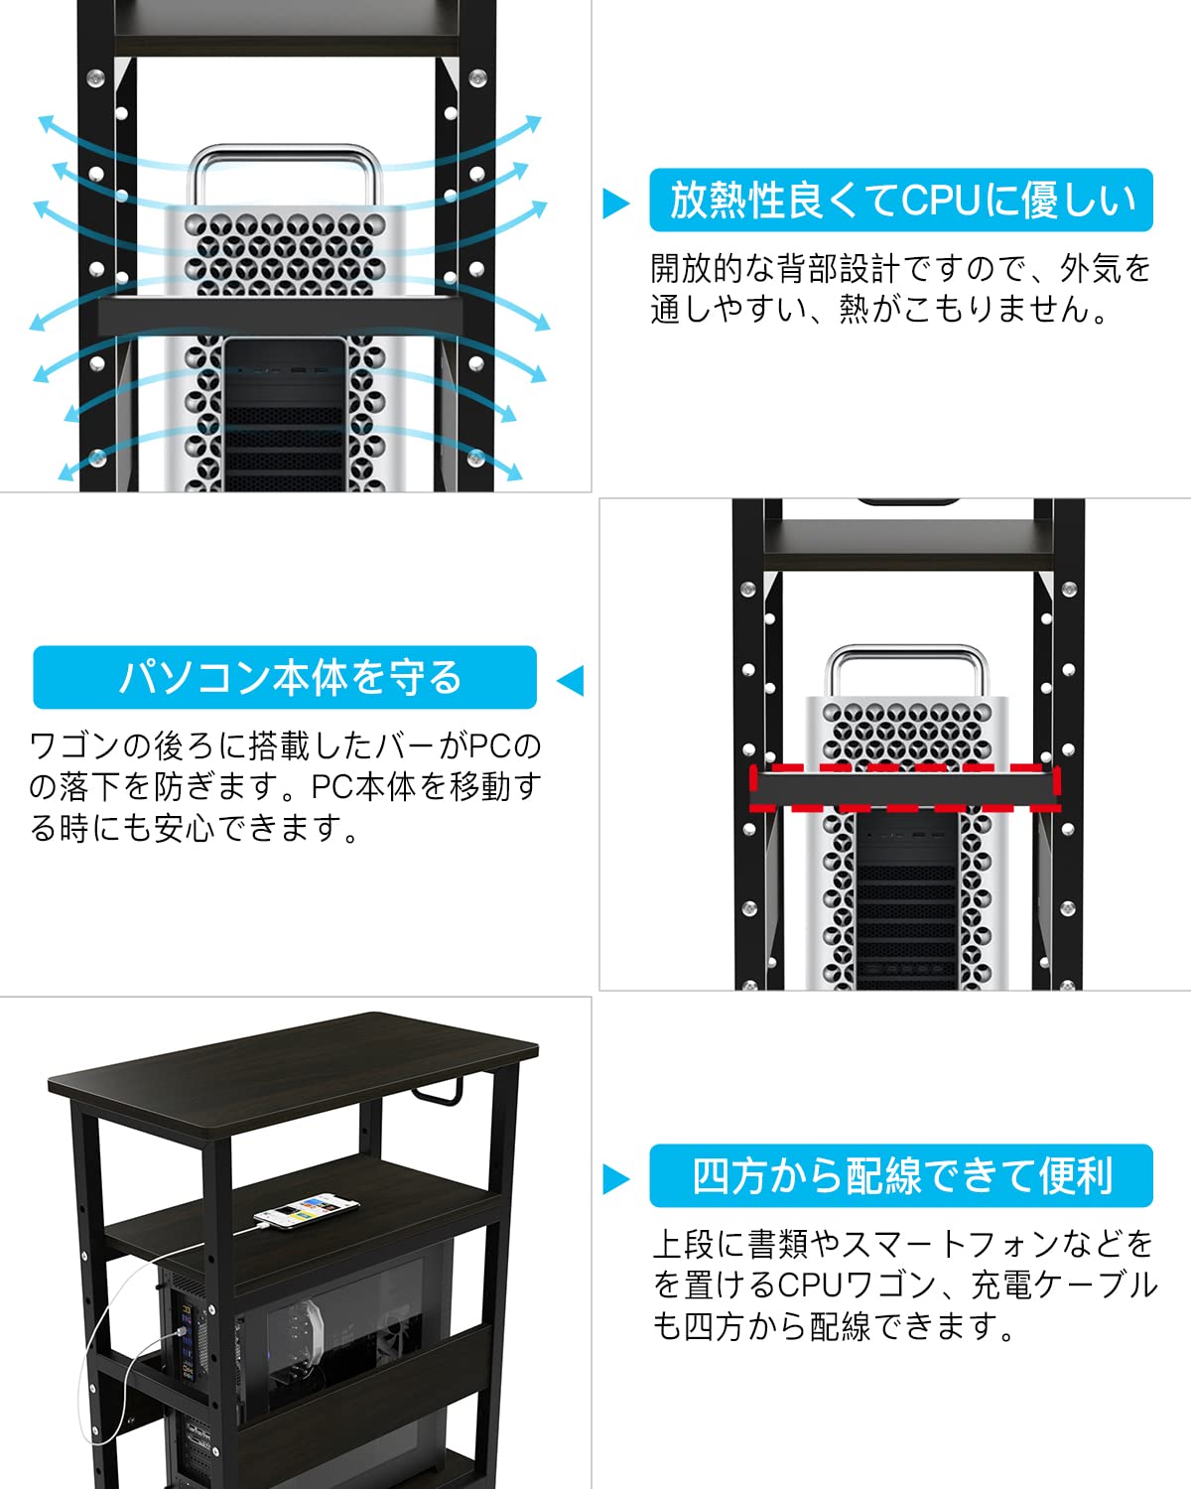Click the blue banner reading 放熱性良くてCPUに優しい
click(x=901, y=201)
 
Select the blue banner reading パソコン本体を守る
click(x=285, y=677)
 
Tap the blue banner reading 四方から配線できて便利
click(x=901, y=1176)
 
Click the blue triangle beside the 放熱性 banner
click(x=615, y=203)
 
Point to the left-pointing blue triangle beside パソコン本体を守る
click(x=571, y=681)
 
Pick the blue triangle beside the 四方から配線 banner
click(x=615, y=1179)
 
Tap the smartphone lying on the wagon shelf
click(x=307, y=1211)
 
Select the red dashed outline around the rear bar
click(x=904, y=788)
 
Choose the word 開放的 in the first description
click(x=696, y=269)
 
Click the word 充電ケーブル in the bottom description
click(x=1063, y=1285)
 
